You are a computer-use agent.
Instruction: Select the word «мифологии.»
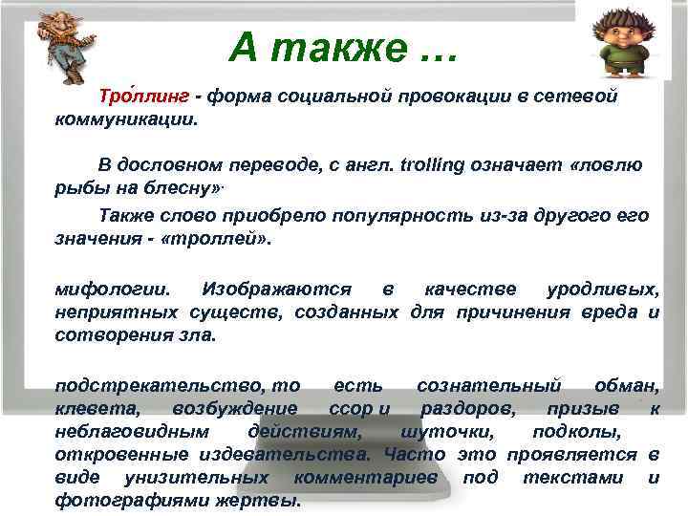pyautogui.click(x=115, y=289)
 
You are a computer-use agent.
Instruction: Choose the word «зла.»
pyautogui.click(x=198, y=335)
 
